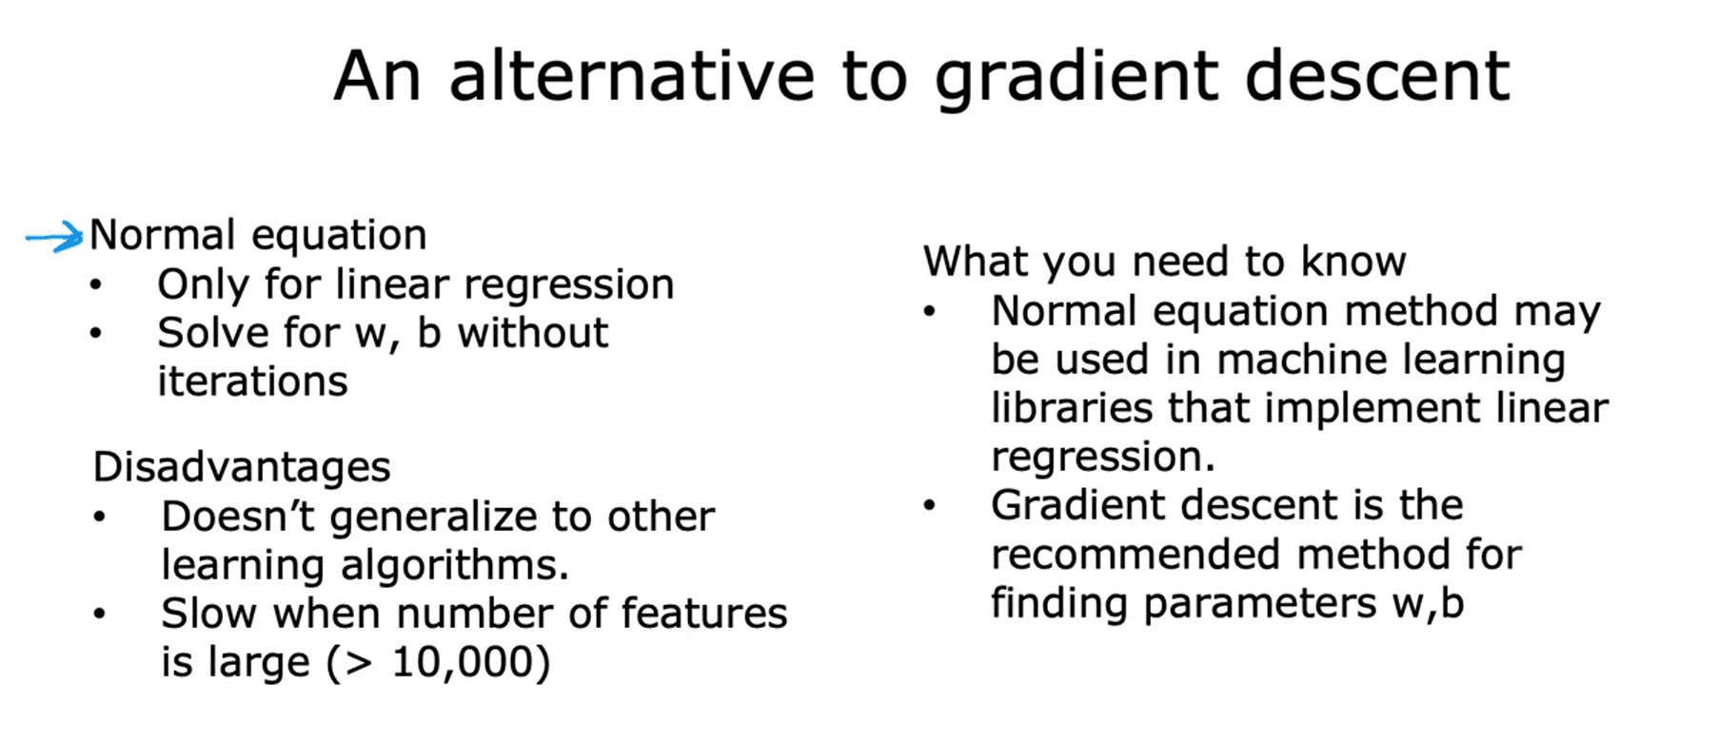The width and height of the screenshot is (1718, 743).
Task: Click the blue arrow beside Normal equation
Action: (x=54, y=237)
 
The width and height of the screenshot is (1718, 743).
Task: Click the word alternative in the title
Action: (x=632, y=76)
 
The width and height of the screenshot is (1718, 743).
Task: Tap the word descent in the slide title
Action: (x=1376, y=76)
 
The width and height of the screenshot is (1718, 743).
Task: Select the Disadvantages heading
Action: (x=242, y=467)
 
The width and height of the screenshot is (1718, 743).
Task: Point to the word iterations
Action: (x=252, y=381)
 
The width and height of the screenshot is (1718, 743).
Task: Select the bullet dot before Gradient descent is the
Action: (x=929, y=504)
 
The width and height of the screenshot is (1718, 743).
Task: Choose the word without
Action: (x=532, y=333)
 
